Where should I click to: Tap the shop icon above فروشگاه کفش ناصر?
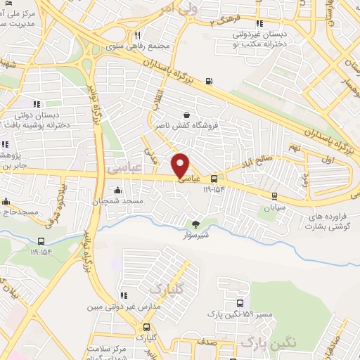click(186, 116)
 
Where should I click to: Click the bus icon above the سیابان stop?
click(274, 196)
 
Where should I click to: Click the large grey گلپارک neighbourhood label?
click(169, 289)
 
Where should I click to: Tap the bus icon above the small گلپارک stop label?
click(146, 327)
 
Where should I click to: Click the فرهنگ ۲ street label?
click(226, 21)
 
